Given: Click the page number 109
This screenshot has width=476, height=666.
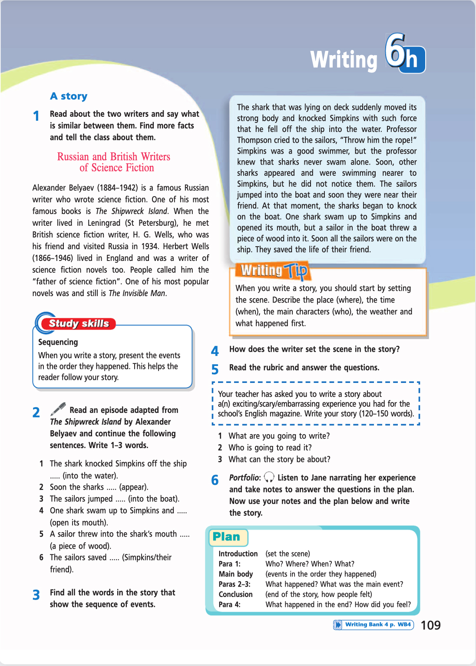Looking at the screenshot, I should (430, 625).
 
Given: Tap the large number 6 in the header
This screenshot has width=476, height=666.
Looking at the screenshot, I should (396, 51).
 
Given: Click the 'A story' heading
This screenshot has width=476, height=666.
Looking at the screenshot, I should (69, 96).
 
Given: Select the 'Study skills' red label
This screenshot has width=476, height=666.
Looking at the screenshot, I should (79, 323).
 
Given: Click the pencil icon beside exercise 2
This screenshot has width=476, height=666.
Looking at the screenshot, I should (58, 409).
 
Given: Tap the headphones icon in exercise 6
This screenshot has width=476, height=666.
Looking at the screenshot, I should (269, 477).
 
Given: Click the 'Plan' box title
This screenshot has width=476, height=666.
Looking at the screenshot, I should (226, 537).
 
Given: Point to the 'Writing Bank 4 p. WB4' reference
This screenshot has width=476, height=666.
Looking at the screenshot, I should (377, 624).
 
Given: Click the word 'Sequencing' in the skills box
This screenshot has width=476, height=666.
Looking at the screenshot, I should (58, 342).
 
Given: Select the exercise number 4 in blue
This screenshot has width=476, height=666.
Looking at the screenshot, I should (215, 351).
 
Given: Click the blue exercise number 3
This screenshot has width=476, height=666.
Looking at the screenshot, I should (36, 595).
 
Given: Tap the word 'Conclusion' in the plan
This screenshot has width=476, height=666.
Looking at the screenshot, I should (235, 594).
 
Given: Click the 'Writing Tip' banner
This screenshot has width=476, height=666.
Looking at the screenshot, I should (274, 270).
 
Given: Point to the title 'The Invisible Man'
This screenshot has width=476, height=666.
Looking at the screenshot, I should (137, 293).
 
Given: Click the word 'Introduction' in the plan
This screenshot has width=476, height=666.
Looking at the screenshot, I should (238, 554).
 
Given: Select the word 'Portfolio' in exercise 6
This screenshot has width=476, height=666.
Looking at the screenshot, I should (245, 478).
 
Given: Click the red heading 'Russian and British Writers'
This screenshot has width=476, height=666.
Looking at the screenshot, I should (114, 157).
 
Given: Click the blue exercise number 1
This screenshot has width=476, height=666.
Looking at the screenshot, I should (36, 116).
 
